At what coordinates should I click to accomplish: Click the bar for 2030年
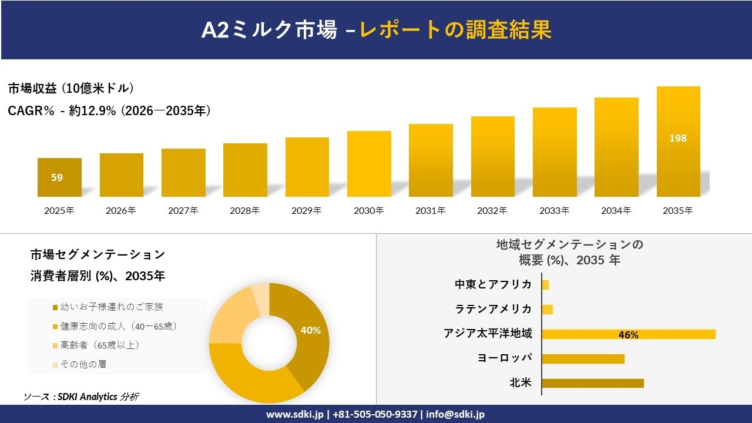369,164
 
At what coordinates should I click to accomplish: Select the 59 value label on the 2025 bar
57,177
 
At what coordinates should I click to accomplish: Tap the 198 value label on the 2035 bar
678,139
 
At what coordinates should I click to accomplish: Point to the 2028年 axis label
244,210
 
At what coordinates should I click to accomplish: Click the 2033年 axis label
554,210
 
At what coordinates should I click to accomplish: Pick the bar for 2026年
122,175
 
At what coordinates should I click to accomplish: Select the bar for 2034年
616,147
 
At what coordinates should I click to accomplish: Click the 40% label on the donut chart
310,331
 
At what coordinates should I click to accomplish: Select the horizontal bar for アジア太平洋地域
629,334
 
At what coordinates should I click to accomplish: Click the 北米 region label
521,383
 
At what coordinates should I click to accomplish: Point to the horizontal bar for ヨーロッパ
583,358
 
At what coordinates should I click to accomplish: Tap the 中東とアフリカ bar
545,285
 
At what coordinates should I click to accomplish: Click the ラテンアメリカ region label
493,309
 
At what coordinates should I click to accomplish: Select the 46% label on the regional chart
628,335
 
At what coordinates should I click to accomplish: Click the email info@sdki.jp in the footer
455,414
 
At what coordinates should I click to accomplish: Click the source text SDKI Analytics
88,397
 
